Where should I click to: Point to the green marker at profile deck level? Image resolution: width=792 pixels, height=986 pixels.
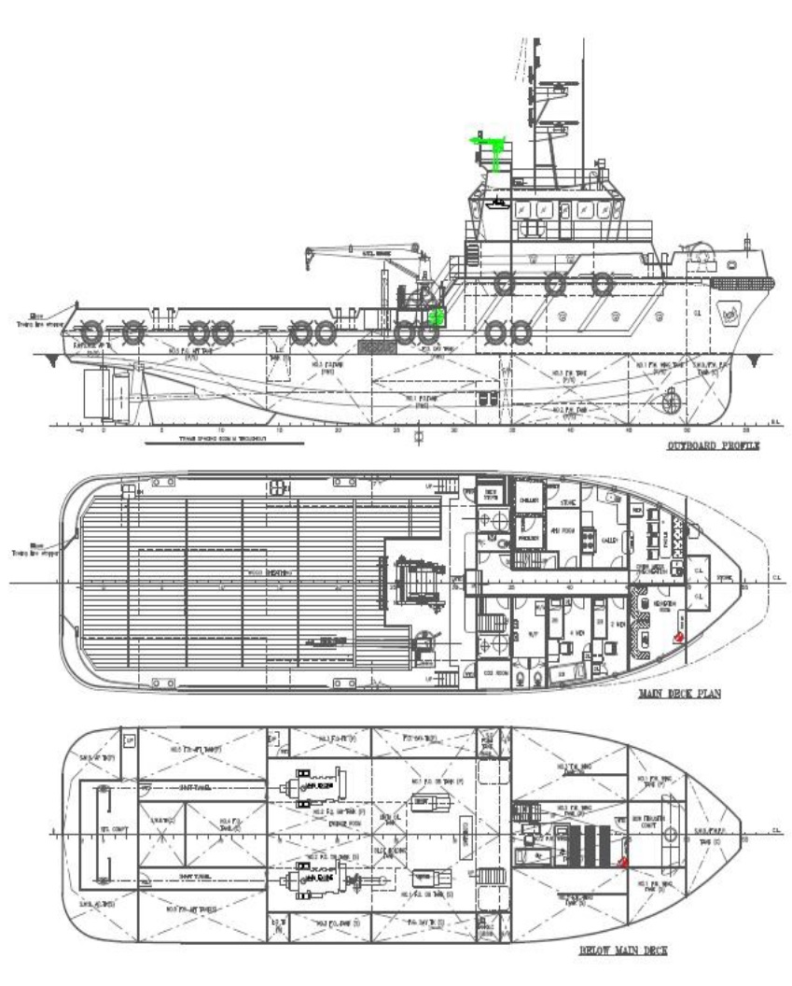point(434,316)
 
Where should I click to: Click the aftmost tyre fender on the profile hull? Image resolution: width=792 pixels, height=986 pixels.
point(90,331)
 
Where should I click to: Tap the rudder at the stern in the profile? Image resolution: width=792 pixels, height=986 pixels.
point(97,393)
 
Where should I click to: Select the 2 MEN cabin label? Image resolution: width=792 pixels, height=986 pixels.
point(618,625)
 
